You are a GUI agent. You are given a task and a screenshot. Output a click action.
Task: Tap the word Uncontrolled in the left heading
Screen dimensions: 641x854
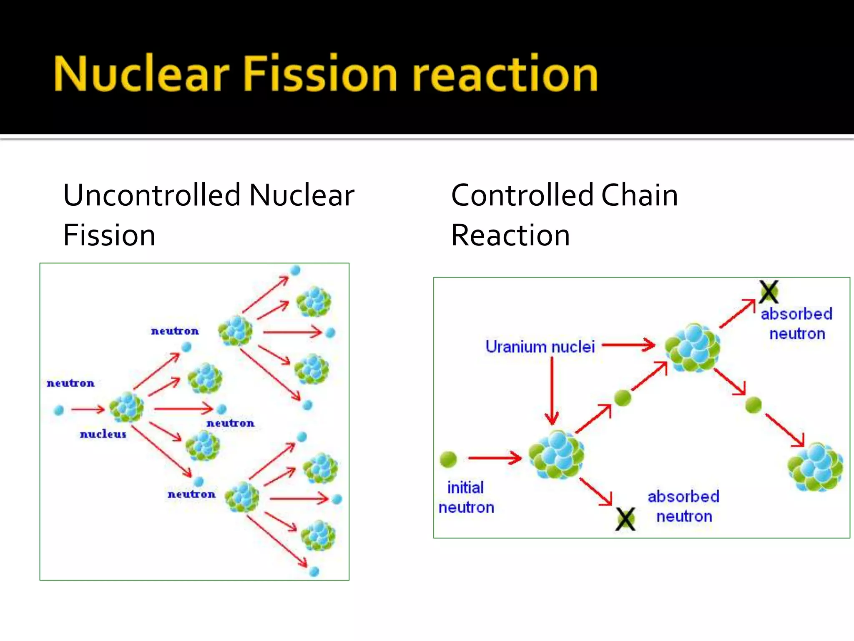tap(152, 195)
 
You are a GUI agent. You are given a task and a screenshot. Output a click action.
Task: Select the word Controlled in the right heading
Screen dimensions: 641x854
tap(523, 195)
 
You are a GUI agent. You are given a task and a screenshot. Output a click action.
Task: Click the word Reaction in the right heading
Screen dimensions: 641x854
tap(510, 235)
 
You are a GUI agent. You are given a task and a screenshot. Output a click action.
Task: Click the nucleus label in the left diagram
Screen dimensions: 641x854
tap(103, 434)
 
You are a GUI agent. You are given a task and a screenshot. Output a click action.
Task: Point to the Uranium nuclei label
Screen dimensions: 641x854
tap(540, 347)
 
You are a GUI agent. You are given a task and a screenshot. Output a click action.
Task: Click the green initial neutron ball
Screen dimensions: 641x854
tap(448, 459)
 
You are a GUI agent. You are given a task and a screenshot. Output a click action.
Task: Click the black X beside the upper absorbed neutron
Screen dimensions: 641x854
tap(769, 292)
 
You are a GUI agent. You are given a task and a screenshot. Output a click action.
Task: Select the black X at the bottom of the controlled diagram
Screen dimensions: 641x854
tap(625, 519)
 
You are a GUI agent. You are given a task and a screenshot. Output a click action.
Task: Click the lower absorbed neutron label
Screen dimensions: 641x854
tap(683, 506)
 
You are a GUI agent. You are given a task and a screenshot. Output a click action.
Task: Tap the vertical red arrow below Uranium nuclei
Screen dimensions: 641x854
tap(552, 390)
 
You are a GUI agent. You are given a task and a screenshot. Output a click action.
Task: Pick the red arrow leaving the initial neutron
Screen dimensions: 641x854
tap(495, 458)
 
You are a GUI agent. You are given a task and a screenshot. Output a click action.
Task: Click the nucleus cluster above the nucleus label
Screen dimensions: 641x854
tap(126, 407)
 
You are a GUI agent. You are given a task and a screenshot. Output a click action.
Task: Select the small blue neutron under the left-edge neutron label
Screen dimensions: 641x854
tap(59, 410)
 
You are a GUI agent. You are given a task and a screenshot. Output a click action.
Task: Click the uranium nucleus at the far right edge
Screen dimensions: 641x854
tap(815, 467)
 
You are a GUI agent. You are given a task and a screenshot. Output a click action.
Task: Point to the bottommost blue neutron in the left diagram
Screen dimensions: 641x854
tap(314, 571)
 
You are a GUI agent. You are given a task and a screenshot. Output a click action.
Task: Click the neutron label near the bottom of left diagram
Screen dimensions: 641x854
tap(191, 494)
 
